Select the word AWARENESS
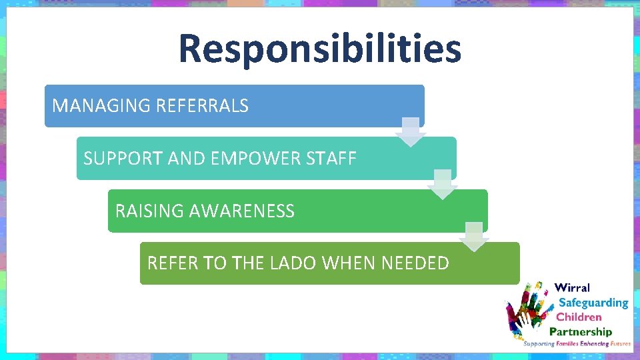coord(242,211)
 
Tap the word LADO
coord(293,263)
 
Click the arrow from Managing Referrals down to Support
coord(411,132)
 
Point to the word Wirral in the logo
coord(572,288)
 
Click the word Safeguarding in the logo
coord(593,303)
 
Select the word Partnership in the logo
coord(580,331)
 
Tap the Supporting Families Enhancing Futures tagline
coord(577,344)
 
